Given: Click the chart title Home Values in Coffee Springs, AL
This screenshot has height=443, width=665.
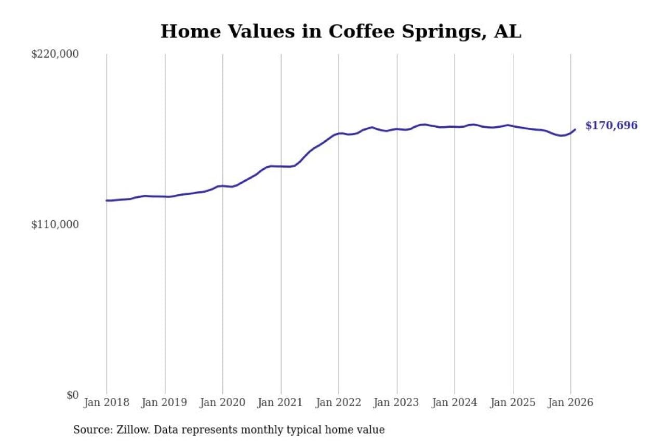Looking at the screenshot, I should coord(341,32).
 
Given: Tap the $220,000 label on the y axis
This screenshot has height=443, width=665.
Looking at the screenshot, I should coord(55,54).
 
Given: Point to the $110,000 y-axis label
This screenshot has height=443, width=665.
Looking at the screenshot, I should coord(55,224).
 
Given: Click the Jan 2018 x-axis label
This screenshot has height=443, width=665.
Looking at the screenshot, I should coord(106,402).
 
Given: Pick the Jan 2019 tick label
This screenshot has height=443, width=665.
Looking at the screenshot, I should coord(165,402).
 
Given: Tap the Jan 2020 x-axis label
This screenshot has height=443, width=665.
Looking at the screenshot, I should coord(222,402).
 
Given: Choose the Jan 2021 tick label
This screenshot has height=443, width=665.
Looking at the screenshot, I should coord(281,402).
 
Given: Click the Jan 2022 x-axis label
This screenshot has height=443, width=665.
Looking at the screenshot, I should coord(339,402).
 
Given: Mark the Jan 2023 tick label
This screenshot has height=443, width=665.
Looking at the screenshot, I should coord(397,402).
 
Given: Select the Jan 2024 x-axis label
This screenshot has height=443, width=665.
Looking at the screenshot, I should coord(455,402).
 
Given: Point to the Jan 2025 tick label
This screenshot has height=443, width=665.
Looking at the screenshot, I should coord(513,402).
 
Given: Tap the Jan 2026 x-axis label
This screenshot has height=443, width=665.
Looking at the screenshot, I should coord(570,402).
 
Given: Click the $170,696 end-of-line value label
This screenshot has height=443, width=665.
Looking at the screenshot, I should coord(611,126).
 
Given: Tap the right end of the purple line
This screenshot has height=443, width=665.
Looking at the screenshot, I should coord(575,129).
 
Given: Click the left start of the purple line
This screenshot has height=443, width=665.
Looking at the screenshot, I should coord(107,200).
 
